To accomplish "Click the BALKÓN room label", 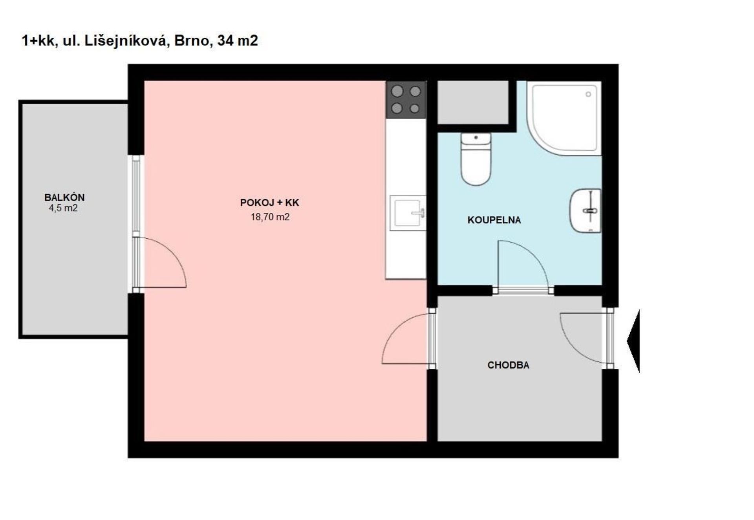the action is pyautogui.click(x=64, y=197).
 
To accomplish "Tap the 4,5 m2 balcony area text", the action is pyautogui.click(x=63, y=208).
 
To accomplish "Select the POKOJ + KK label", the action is pyautogui.click(x=270, y=203).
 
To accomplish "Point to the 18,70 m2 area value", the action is pyautogui.click(x=270, y=217).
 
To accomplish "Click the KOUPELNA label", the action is pyautogui.click(x=494, y=220).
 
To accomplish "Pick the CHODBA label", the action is pyautogui.click(x=508, y=365).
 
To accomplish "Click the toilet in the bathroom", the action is pyautogui.click(x=476, y=159).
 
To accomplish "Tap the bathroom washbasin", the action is pyautogui.click(x=586, y=211).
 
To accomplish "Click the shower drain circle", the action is pyautogui.click(x=588, y=94).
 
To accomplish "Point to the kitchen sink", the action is pyautogui.click(x=408, y=213).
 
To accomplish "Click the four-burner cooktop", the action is pyautogui.click(x=406, y=100).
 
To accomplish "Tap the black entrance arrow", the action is pyautogui.click(x=633, y=341).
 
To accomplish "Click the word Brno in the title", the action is pyautogui.click(x=191, y=40).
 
